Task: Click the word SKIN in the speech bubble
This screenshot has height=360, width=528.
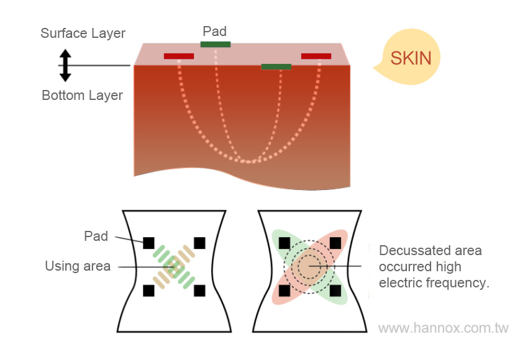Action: pyautogui.click(x=411, y=58)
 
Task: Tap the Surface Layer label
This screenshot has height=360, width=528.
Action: pyautogui.click(x=83, y=34)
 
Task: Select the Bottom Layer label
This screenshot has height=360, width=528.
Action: pyautogui.click(x=82, y=96)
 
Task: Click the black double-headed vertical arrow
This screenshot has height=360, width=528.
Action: pyautogui.click(x=65, y=65)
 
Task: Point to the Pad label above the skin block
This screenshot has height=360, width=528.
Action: pyautogui.click(x=215, y=31)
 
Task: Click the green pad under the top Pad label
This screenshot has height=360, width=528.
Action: pyautogui.click(x=216, y=44)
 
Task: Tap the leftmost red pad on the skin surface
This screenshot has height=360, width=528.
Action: pyautogui.click(x=179, y=56)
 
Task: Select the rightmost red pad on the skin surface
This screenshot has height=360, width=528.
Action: pyautogui.click(x=316, y=56)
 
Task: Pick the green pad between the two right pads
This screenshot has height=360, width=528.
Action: pyautogui.click(x=276, y=66)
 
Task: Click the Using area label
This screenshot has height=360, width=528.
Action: pyautogui.click(x=78, y=267)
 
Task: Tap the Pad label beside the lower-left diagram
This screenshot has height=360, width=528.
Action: pyautogui.click(x=96, y=236)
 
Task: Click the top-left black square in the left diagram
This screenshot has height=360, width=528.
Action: pyautogui.click(x=148, y=243)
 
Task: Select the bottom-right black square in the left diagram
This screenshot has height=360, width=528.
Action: pyautogui.click(x=199, y=290)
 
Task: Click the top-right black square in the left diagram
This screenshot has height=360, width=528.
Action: pyautogui.click(x=199, y=243)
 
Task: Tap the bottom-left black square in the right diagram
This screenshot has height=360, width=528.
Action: pyautogui.click(x=284, y=290)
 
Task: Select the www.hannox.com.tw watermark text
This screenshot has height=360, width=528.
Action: pyautogui.click(x=444, y=328)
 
